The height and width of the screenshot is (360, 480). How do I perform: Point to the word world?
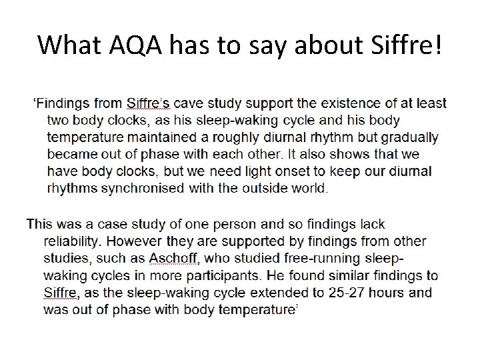click(x=308, y=188)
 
